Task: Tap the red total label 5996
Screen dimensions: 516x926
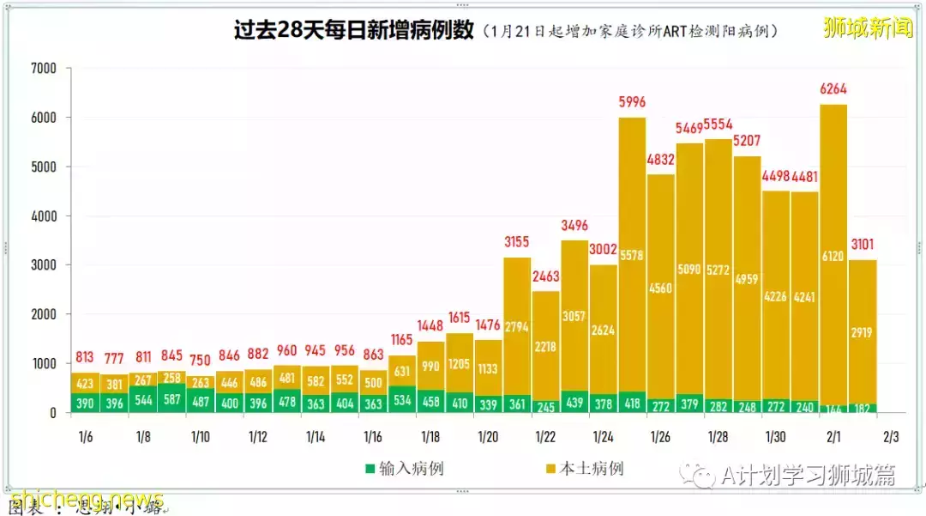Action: [x=632, y=103]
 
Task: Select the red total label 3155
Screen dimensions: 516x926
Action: [x=516, y=243]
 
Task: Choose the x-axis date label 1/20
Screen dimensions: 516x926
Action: [x=487, y=437]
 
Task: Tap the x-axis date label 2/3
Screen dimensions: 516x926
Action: [x=891, y=437]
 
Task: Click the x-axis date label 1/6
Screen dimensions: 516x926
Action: [x=85, y=437]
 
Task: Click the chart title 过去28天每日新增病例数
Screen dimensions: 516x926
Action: [x=354, y=31]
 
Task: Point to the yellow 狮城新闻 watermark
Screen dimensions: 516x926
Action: [x=868, y=28]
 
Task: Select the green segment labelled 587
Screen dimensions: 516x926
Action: [x=171, y=400]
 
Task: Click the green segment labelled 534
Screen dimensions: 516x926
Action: [x=401, y=400]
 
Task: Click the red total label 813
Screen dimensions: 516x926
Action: [x=85, y=357]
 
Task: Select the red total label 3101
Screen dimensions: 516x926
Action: [x=863, y=246]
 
